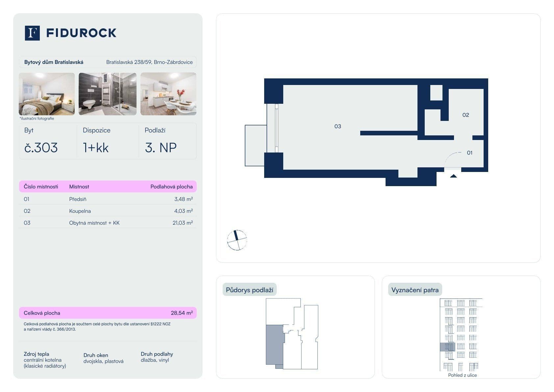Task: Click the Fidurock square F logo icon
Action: [x=32, y=33]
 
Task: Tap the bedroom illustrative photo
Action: [x=47, y=94]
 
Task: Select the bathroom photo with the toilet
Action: [x=107, y=94]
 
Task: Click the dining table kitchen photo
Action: [x=168, y=94]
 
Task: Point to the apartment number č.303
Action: [x=41, y=148]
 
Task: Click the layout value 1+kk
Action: [x=96, y=148]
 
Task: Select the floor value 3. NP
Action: [x=161, y=148]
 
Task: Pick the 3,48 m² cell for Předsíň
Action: [x=183, y=199]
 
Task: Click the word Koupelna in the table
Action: [x=80, y=211]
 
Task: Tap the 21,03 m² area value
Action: [x=183, y=223]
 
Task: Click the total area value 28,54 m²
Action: [x=182, y=313]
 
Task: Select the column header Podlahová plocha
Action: [x=171, y=186]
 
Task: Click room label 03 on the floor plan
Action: [x=338, y=126]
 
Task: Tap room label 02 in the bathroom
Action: [x=466, y=115]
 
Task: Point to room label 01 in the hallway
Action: [x=469, y=153]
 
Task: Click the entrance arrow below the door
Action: [x=453, y=176]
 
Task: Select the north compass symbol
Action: [x=237, y=240]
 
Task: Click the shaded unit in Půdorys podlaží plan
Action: [x=274, y=344]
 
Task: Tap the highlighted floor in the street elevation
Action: [x=447, y=347]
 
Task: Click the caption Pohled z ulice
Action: [x=462, y=375]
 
